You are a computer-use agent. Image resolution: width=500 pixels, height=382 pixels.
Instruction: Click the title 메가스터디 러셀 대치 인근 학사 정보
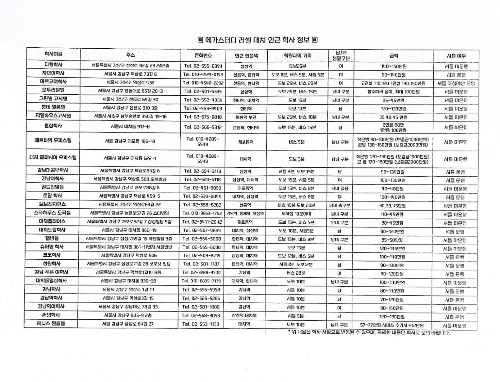258,40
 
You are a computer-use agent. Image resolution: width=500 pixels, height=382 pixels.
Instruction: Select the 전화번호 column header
203,55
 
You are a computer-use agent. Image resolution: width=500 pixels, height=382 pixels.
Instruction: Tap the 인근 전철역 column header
246,56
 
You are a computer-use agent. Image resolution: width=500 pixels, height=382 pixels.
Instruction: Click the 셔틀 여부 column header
456,56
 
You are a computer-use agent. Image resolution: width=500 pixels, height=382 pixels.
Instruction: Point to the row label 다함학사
53,65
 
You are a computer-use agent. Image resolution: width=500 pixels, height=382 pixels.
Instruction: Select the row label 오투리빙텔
53,90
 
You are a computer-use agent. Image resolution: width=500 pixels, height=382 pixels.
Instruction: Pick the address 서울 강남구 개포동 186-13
130,141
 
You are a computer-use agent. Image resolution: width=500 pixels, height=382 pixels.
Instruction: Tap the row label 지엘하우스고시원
53,115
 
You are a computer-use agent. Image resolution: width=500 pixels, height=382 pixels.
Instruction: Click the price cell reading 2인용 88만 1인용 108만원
393,127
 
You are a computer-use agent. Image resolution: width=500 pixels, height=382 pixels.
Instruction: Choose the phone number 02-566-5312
203,127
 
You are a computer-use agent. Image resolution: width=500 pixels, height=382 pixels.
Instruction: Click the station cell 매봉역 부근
246,117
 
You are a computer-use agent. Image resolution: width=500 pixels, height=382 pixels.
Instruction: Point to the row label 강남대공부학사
53,170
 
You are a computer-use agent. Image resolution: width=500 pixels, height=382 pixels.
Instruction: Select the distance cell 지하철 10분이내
296,214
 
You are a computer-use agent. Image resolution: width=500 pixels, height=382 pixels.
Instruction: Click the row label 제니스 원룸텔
51,324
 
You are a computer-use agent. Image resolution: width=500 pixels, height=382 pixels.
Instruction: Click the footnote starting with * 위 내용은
368,333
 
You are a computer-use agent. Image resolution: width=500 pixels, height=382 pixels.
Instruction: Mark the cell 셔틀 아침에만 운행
456,84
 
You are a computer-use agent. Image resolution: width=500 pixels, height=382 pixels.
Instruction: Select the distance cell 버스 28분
296,273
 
